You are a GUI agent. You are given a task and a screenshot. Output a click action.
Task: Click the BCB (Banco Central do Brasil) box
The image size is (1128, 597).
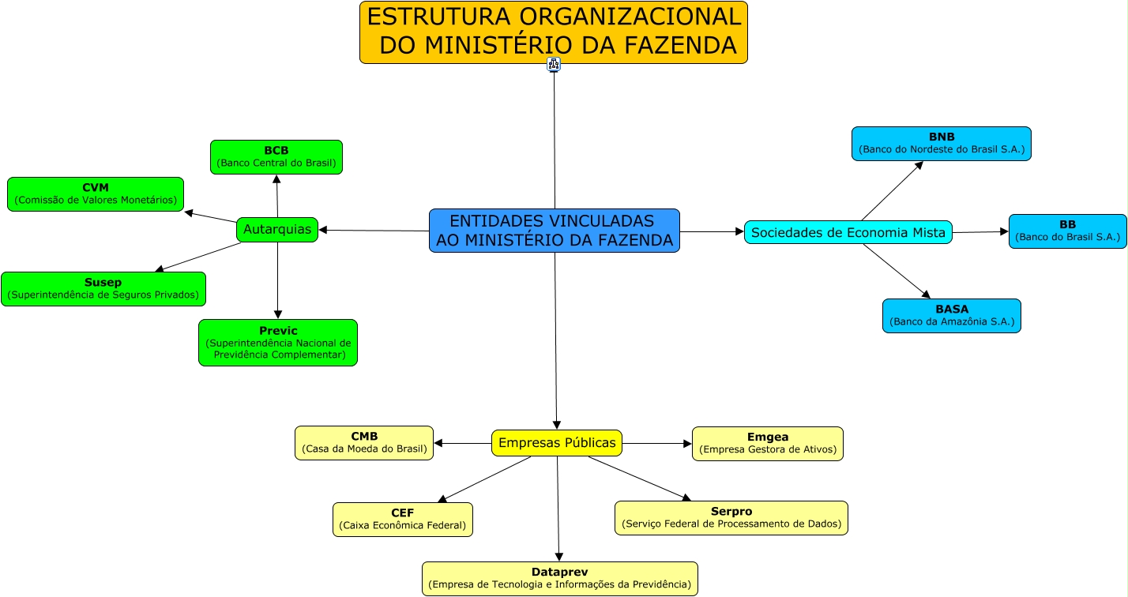276,157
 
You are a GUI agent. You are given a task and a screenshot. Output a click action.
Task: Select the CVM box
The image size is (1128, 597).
96,194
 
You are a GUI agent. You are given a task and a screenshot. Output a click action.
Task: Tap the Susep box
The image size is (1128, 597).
103,289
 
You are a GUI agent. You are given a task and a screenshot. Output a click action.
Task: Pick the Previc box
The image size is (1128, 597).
278,343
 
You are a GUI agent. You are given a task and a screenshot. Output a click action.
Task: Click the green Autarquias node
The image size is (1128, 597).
277,230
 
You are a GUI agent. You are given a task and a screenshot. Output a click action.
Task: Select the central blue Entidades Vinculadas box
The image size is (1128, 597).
555,231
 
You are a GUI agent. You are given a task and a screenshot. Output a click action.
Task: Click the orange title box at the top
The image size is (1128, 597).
554,32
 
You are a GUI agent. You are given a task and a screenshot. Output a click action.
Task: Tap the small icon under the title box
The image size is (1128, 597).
554,65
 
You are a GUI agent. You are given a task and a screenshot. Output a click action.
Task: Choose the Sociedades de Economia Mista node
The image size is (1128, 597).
848,232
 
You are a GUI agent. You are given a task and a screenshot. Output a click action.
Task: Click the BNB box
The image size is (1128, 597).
942,144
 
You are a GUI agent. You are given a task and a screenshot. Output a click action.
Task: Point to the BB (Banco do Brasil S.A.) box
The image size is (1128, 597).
1068,231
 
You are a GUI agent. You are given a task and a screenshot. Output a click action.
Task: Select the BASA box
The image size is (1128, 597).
952,316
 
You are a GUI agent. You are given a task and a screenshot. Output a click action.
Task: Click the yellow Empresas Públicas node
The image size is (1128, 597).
557,443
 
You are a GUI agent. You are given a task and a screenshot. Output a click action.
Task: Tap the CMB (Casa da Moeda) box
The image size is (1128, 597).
364,443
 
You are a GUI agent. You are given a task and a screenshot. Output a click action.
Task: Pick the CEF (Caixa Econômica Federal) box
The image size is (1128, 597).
403,520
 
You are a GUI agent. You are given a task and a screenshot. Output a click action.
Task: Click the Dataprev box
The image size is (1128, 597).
560,579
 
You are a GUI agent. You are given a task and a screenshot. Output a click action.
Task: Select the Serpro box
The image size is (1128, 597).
731,518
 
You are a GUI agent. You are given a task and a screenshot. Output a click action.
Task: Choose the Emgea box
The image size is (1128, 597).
768,444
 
